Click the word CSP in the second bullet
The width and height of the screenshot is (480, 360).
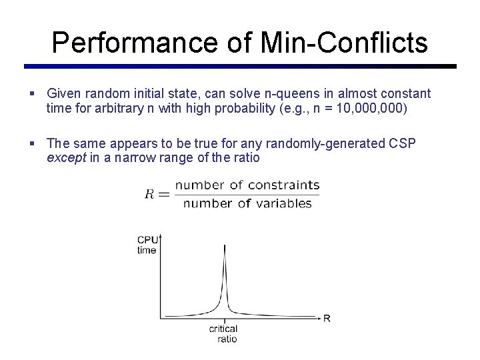[402, 143]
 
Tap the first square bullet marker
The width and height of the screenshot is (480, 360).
[33, 93]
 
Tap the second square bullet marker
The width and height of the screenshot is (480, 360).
[33, 143]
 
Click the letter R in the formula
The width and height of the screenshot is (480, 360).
[149, 194]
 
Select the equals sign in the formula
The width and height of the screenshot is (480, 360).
[164, 194]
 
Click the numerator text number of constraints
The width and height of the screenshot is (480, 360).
[247, 185]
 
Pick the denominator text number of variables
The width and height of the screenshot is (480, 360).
[247, 203]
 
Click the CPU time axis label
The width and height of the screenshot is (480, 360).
[147, 245]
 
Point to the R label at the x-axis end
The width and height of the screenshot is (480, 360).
[327, 318]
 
